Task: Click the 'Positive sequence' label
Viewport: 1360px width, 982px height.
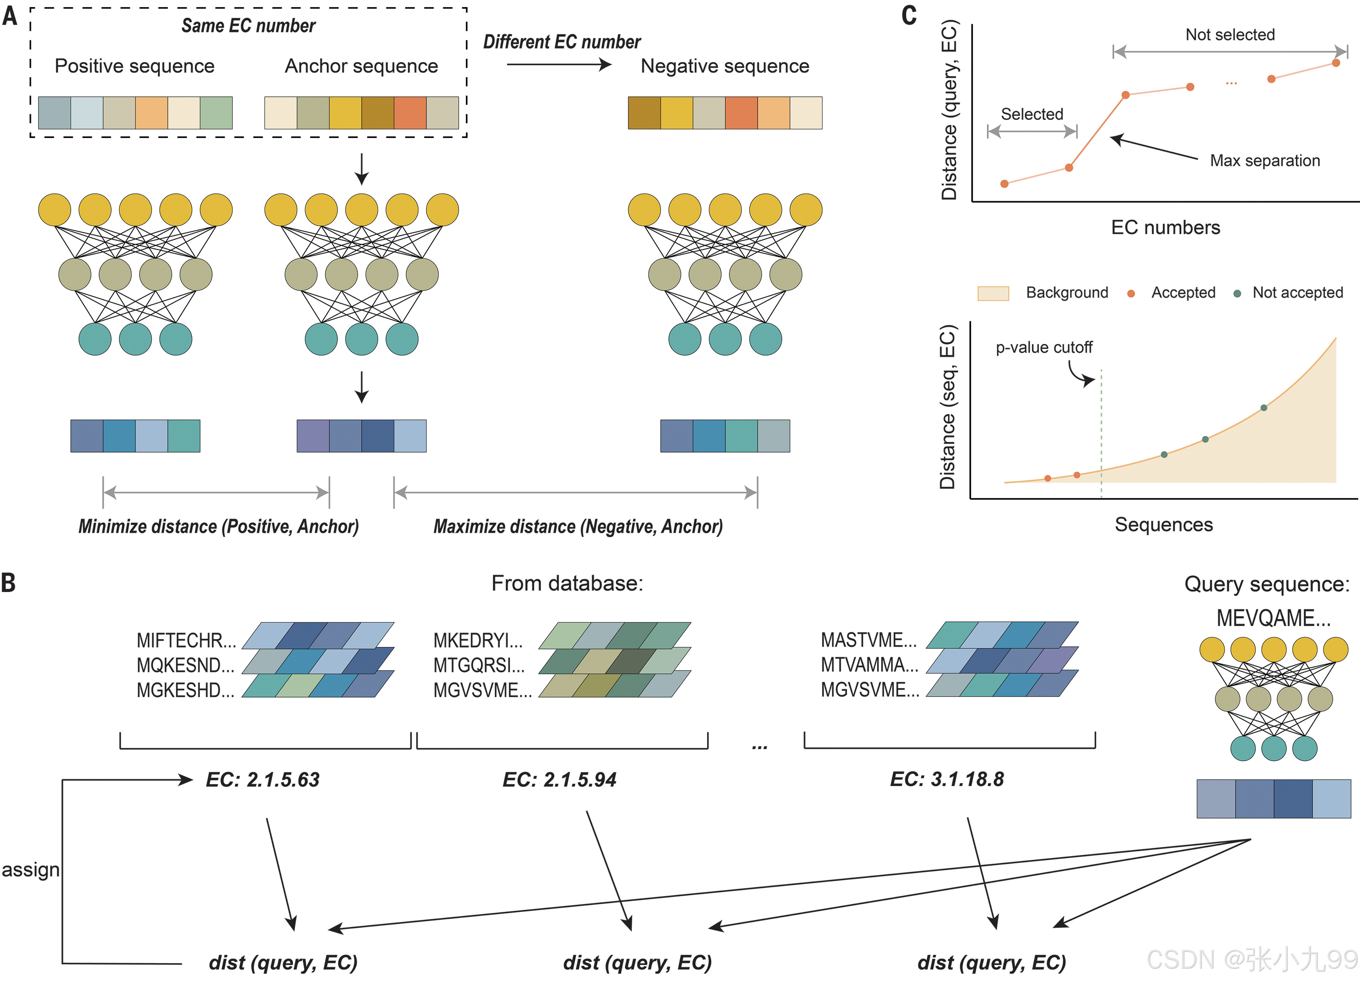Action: click(134, 66)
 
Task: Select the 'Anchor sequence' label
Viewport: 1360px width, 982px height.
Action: click(361, 66)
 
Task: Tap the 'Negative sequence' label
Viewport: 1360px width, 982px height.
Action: click(725, 66)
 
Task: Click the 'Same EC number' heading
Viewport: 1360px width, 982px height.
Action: click(248, 26)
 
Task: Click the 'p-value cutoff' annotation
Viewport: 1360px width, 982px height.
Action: click(1044, 348)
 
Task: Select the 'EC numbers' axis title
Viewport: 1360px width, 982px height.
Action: click(1166, 228)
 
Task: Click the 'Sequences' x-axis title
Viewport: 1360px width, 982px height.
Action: click(1163, 524)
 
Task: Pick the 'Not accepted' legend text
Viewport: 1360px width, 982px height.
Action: click(1297, 293)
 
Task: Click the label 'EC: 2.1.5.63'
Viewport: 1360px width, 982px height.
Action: click(263, 779)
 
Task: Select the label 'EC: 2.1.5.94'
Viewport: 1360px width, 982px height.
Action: click(559, 779)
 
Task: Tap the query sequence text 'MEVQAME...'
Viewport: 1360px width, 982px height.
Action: click(1273, 618)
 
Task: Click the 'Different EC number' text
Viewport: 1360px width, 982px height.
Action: click(562, 42)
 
